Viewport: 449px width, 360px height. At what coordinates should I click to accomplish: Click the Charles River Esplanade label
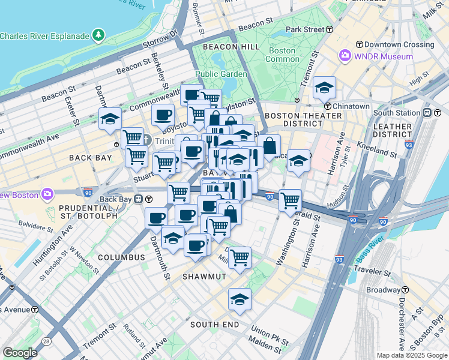click(45, 36)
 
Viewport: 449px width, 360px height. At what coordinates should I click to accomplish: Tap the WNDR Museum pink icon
click(345, 56)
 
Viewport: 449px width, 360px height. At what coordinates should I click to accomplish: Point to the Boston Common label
click(282, 55)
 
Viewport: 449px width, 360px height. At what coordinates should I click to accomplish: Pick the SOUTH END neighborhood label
click(214, 325)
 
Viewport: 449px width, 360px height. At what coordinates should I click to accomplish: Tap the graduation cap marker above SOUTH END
click(240, 299)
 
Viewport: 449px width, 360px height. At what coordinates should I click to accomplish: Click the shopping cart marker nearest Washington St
click(291, 200)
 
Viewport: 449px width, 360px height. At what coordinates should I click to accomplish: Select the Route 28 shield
click(46, 341)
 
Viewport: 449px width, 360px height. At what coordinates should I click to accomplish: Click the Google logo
click(20, 353)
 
